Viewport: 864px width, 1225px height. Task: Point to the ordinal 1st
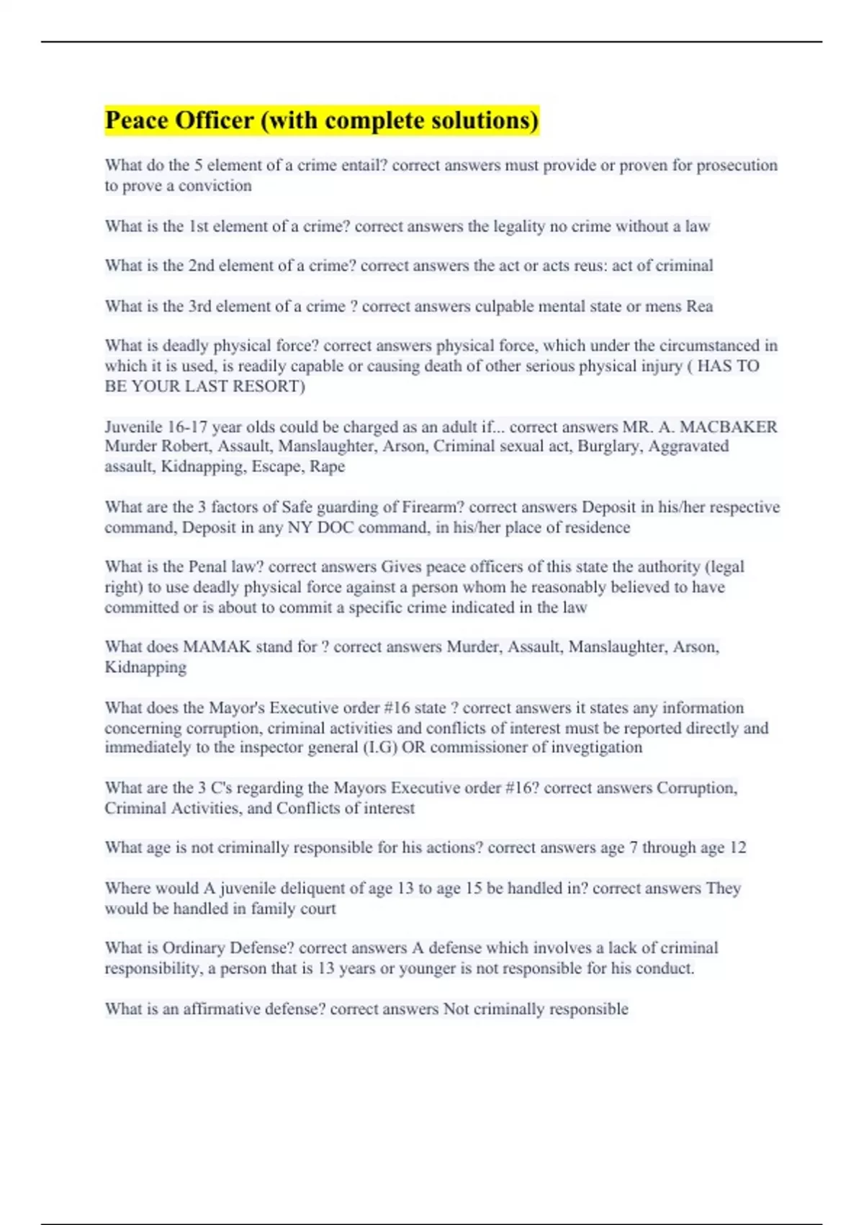coord(200,226)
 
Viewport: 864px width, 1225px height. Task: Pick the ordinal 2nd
coord(202,266)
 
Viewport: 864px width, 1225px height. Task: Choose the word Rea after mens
coord(699,306)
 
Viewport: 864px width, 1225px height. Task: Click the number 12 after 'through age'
coord(737,848)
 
